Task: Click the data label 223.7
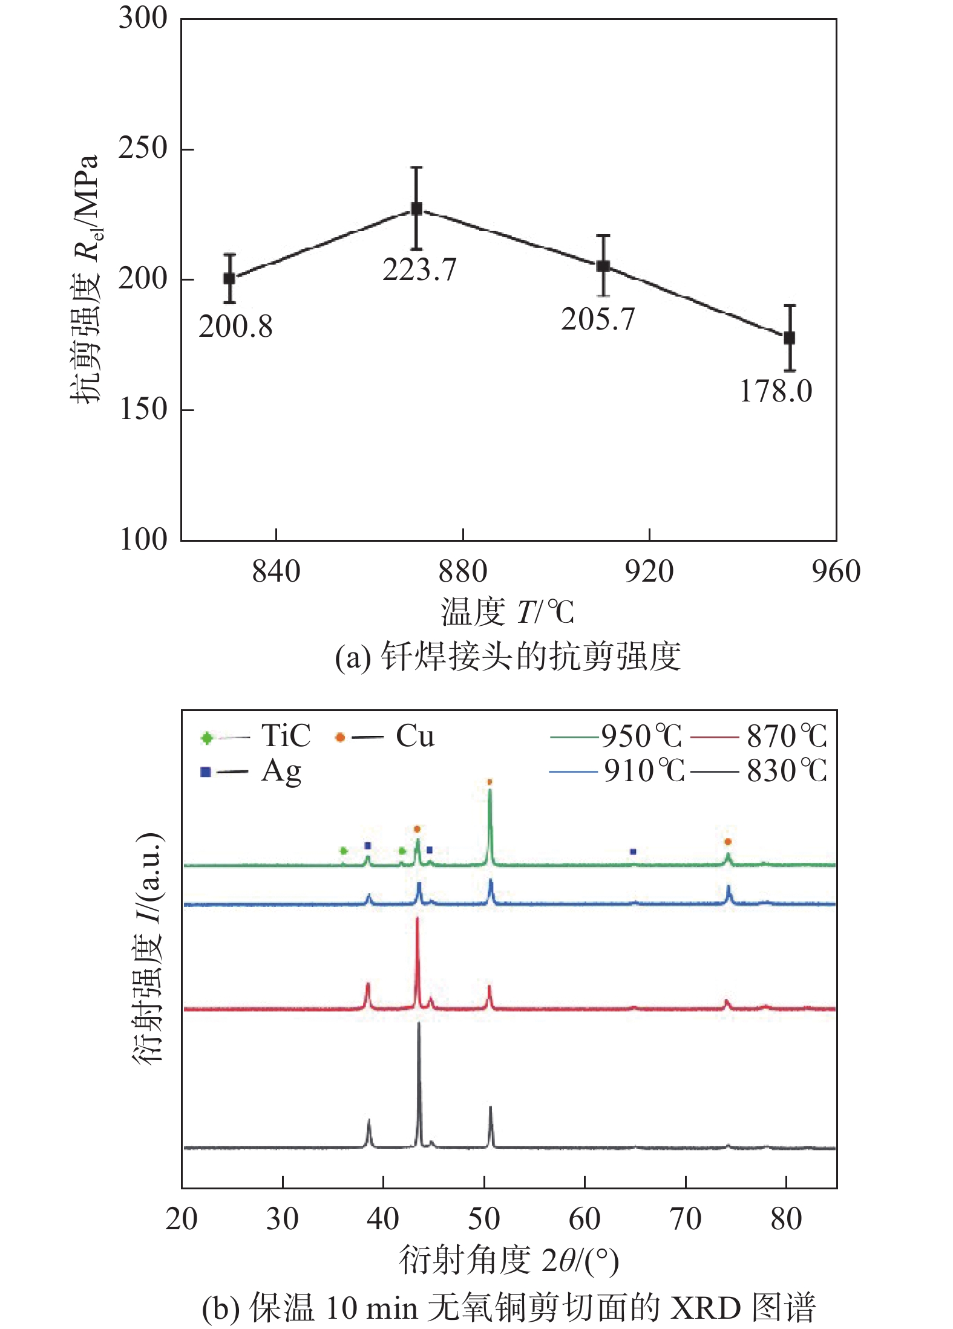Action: coord(419,270)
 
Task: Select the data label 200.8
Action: coord(235,327)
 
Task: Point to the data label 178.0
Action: coord(776,391)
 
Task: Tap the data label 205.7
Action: coord(598,319)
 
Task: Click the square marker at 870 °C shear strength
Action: coord(416,209)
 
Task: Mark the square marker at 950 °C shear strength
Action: coord(789,338)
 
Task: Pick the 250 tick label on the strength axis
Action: coord(143,148)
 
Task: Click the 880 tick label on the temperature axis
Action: coord(462,571)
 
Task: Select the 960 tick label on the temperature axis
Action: coord(836,571)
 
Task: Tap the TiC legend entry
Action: coord(286,736)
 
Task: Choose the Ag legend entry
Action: coord(281,772)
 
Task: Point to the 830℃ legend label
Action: coord(787,771)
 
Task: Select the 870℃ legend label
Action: coord(787,736)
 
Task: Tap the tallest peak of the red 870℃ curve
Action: coord(417,919)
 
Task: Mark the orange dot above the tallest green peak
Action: coord(490,782)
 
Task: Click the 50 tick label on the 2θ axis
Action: coord(483,1219)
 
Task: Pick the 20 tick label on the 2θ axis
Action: coord(182,1219)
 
